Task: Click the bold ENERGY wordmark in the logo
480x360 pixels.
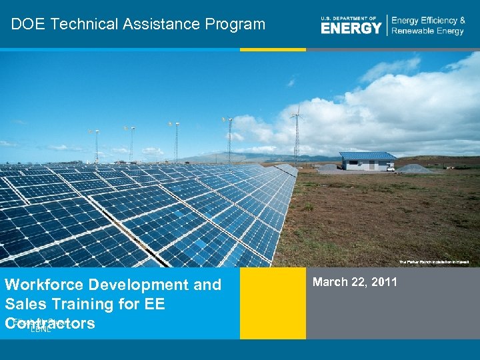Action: tap(351, 28)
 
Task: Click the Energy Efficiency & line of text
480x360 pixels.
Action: tap(428, 21)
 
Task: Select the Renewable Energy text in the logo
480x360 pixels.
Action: tap(427, 31)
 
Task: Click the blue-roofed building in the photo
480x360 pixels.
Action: tap(367, 161)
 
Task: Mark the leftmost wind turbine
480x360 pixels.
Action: tap(97, 143)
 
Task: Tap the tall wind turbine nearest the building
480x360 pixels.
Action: tap(297, 133)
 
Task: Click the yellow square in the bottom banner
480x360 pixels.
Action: tap(273, 303)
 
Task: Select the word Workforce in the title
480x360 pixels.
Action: tap(44, 285)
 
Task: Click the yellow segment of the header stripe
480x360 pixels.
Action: tap(273, 49)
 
